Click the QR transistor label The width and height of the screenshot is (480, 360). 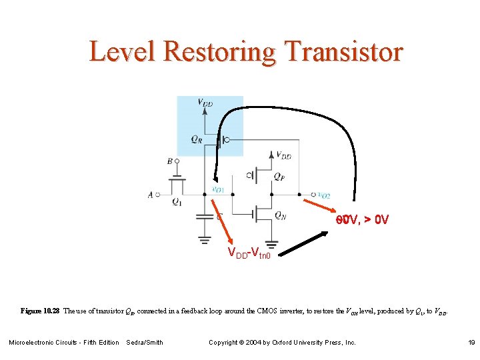pos(195,139)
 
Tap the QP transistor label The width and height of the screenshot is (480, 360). pos(279,177)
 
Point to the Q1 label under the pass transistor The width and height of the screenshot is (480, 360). pos(177,202)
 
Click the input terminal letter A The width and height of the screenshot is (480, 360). pos(151,195)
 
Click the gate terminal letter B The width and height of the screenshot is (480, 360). pos(170,161)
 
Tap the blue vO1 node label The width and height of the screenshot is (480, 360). pos(217,189)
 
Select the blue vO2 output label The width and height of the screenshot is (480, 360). pos(324,195)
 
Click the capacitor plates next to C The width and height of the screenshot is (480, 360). pos(204,217)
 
